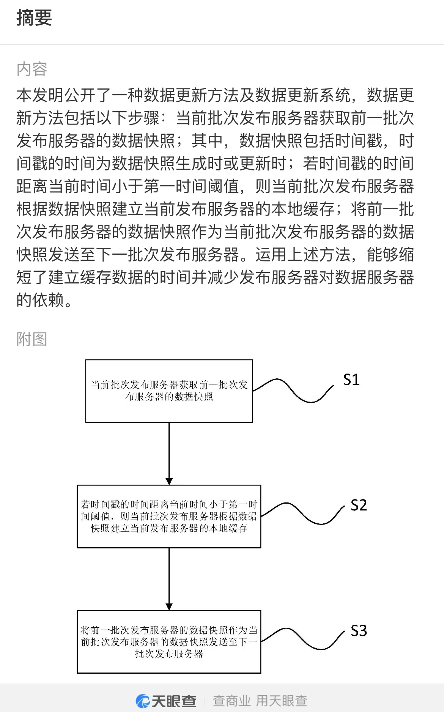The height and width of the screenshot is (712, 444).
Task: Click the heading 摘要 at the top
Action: pyautogui.click(x=34, y=18)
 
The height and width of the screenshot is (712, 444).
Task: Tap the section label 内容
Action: pyautogui.click(x=32, y=69)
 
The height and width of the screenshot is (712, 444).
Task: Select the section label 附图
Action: pyautogui.click(x=32, y=339)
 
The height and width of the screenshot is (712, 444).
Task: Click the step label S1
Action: pyautogui.click(x=351, y=380)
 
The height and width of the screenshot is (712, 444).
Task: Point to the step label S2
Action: pyautogui.click(x=359, y=505)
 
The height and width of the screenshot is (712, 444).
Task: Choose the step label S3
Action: pyautogui.click(x=359, y=630)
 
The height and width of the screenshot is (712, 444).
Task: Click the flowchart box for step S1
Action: pyautogui.click(x=169, y=391)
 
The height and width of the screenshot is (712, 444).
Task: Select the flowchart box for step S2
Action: pyautogui.click(x=169, y=516)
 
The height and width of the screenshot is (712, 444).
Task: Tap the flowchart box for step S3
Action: pyautogui.click(x=169, y=642)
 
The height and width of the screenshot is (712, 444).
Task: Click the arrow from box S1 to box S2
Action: pyautogui.click(x=169, y=454)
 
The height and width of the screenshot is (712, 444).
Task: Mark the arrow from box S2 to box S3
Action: pyautogui.click(x=169, y=579)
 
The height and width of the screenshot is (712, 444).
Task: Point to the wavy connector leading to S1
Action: pyautogui.click(x=293, y=391)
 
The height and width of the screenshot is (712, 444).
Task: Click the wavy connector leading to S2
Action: pyautogui.click(x=302, y=515)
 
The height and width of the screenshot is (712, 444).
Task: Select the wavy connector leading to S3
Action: pyautogui.click(x=302, y=640)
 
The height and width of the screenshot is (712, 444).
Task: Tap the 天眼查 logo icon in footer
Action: pyautogui.click(x=143, y=701)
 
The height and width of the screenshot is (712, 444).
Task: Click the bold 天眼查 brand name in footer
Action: pyautogui.click(x=174, y=701)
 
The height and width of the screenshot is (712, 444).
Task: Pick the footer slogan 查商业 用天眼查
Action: pyautogui.click(x=260, y=701)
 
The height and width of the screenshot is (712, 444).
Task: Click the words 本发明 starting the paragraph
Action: pyautogui.click(x=40, y=95)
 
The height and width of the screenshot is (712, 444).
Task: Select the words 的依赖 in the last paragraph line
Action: pyautogui.click(x=40, y=300)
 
